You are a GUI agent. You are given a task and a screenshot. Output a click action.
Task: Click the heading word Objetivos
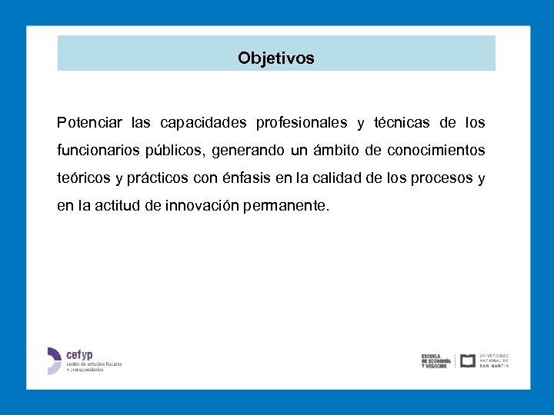pyautogui.click(x=276, y=58)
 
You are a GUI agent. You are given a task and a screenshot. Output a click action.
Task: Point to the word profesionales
pyautogui.click(x=302, y=123)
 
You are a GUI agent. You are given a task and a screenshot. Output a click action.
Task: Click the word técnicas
pyautogui.click(x=402, y=123)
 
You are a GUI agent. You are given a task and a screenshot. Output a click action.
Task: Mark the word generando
pyautogui.click(x=247, y=151)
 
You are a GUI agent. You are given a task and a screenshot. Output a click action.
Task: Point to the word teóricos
pyautogui.click(x=84, y=178)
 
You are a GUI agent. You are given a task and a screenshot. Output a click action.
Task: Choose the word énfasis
pyautogui.click(x=246, y=178)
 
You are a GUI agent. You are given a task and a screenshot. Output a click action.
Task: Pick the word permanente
pyautogui.click(x=285, y=206)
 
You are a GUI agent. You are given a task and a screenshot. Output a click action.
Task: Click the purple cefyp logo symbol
pyautogui.click(x=54, y=360)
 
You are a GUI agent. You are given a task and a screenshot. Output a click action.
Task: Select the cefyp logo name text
pyautogui.click(x=79, y=355)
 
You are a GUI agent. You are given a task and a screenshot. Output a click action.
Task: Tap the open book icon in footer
pyautogui.click(x=467, y=360)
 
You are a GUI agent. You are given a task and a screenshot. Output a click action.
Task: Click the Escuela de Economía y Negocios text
pyautogui.click(x=436, y=360)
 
